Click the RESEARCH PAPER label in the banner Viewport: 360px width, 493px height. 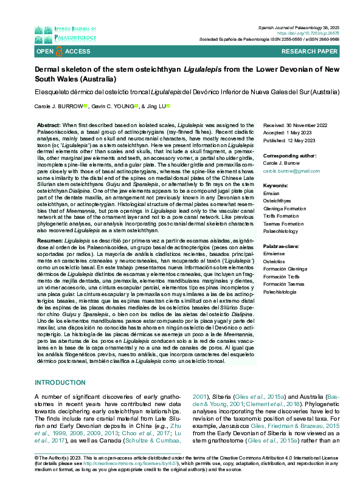pyautogui.click(x=325, y=52)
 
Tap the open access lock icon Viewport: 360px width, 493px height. pyautogui.click(x=60, y=52)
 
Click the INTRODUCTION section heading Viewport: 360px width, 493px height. pyautogui.click(x=60, y=382)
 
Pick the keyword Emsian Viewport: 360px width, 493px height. pyautogui.click(x=272, y=193)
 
